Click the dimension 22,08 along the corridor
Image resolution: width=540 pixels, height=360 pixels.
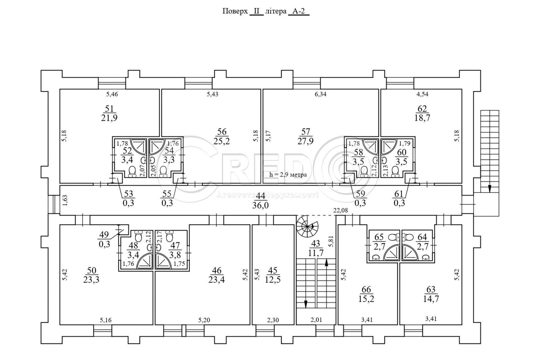pos(341,210)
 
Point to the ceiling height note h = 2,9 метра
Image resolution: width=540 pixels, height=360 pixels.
pos(288,175)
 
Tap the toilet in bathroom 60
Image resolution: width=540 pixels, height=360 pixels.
pos(396,171)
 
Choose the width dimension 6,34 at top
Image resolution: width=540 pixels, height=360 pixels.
pos(320,94)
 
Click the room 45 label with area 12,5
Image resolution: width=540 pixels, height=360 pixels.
pos(273,275)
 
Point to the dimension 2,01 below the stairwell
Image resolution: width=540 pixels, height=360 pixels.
pos(316,320)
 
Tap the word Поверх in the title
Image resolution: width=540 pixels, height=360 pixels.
pos(235,12)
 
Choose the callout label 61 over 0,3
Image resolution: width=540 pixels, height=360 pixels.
pos(399,198)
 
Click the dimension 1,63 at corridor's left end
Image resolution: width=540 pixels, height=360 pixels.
pos(65,200)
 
